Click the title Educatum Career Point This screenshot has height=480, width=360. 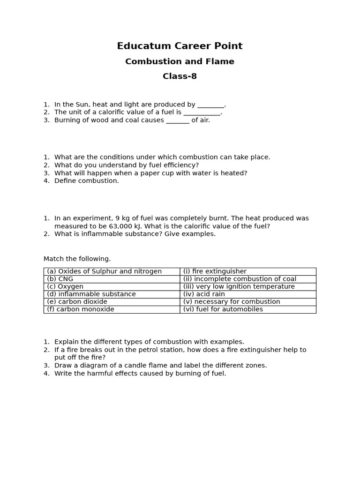[x=180, y=46]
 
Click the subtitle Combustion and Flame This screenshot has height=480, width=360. [x=180, y=61]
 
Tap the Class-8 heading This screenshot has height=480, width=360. [x=180, y=76]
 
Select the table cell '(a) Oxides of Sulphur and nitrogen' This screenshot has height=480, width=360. [x=104, y=271]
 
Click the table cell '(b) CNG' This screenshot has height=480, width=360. [x=60, y=279]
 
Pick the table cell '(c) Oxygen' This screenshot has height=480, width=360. [x=65, y=286]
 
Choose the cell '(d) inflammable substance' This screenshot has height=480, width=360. [x=91, y=294]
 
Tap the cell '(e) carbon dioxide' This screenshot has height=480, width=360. [x=77, y=301]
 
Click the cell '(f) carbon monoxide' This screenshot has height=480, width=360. [x=81, y=309]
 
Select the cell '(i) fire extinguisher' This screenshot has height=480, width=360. [x=215, y=271]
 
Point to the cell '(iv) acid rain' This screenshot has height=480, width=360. [x=204, y=294]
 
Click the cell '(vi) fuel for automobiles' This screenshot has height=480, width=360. [x=223, y=309]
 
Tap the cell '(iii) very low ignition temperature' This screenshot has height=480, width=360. [x=239, y=286]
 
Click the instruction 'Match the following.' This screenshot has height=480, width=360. [x=77, y=259]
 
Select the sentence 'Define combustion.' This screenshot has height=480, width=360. [x=87, y=181]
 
